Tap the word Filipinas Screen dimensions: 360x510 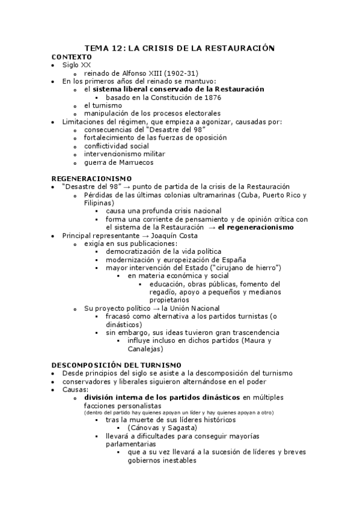coord(99,203)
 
